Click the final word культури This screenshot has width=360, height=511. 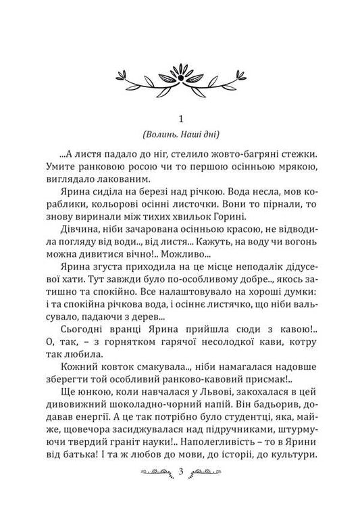pos(290,469)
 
